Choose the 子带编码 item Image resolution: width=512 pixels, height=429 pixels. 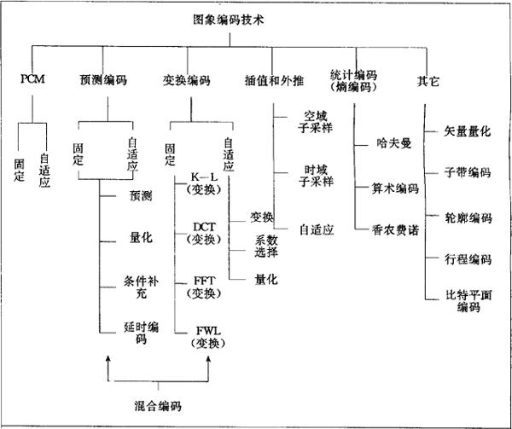pyautogui.click(x=468, y=173)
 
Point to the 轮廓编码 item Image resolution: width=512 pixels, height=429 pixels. pyautogui.click(x=468, y=217)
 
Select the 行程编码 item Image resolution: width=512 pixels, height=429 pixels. pyautogui.click(x=468, y=258)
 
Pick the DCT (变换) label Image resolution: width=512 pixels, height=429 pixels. pyautogui.click(x=204, y=234)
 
